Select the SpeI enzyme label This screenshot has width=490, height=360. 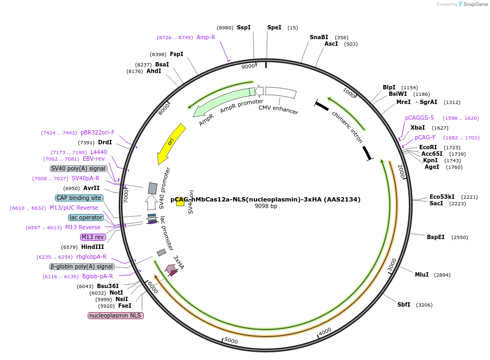pyautogui.click(x=274, y=27)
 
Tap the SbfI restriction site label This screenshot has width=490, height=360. pyautogui.click(x=403, y=304)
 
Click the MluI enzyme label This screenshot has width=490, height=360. pyautogui.click(x=421, y=274)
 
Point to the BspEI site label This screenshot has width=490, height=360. pyautogui.click(x=436, y=237)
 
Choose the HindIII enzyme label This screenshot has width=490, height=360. pyautogui.click(x=93, y=247)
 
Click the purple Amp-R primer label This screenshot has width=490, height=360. pyautogui.click(x=206, y=37)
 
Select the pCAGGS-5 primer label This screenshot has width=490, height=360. pyautogui.click(x=419, y=118)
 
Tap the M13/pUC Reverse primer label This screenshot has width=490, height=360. pyautogui.click(x=74, y=208)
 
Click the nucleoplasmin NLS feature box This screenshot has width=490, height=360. pyautogui.click(x=115, y=315)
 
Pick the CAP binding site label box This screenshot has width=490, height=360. pyautogui.click(x=79, y=198)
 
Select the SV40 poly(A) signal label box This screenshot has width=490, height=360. pyautogui.click(x=78, y=168)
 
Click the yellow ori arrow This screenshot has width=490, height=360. pyautogui.click(x=171, y=143)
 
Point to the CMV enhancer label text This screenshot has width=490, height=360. pyautogui.click(x=278, y=110)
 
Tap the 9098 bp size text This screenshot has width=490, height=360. pyautogui.click(x=266, y=206)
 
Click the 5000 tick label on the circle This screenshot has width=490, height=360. pyautogui.click(x=231, y=341)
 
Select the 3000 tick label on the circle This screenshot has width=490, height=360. pyautogui.click(x=392, y=266)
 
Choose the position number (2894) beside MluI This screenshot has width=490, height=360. pyautogui.click(x=442, y=275)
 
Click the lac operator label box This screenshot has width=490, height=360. pyautogui.click(x=86, y=217)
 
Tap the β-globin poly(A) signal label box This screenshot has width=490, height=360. pyautogui.click(x=82, y=266)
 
